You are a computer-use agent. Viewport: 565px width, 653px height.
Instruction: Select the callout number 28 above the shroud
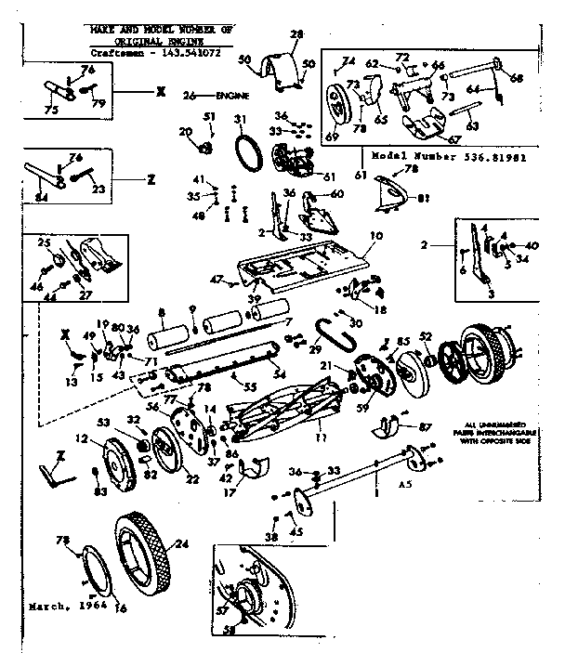pyautogui.click(x=296, y=34)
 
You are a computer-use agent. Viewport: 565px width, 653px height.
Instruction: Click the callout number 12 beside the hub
pyautogui.click(x=82, y=438)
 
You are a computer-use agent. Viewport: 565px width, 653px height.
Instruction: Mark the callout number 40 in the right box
pyautogui.click(x=532, y=245)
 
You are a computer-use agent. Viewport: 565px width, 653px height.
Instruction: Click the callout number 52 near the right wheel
pyautogui.click(x=426, y=337)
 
